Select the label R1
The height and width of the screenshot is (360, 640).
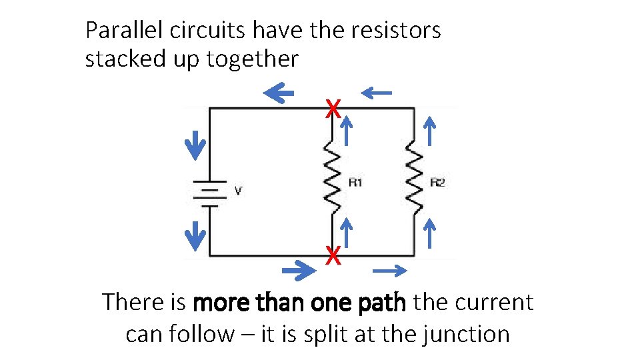[x=355, y=182]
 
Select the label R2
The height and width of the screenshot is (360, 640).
[x=437, y=182]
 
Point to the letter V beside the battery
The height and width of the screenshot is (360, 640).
[x=238, y=191]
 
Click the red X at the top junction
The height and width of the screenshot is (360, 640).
[x=333, y=107]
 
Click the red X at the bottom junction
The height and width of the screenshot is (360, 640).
[x=333, y=255]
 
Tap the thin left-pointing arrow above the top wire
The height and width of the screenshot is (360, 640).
[x=376, y=93]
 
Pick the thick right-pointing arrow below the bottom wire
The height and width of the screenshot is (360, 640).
[x=299, y=270]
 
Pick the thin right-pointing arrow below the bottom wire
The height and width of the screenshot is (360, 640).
[x=390, y=270]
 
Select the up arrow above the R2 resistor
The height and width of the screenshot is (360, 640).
[x=430, y=129]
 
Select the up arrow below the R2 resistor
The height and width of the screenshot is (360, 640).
[x=430, y=233]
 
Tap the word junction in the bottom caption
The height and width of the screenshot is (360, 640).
[x=466, y=333]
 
